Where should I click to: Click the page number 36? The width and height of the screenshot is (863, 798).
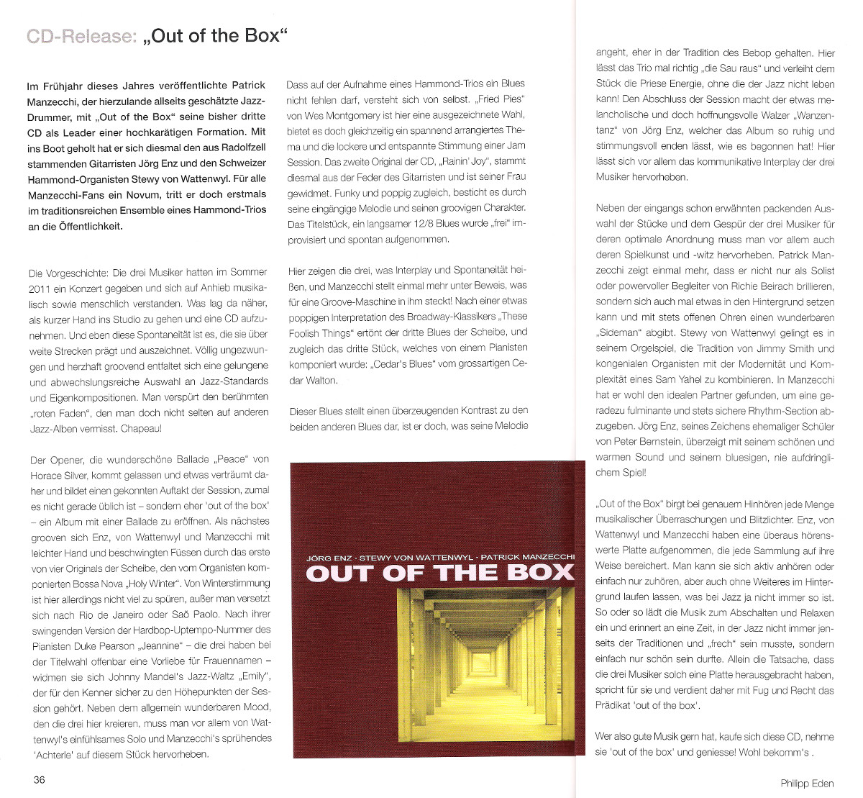pyautogui.click(x=39, y=780)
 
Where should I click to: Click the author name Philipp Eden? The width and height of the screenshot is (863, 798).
pyautogui.click(x=807, y=784)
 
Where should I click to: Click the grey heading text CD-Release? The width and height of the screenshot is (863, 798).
pyautogui.click(x=81, y=36)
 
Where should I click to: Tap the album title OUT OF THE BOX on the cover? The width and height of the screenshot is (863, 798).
pyautogui.click(x=439, y=573)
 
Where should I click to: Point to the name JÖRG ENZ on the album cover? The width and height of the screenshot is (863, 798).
pyautogui.click(x=329, y=558)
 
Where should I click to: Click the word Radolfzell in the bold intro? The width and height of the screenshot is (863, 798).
pyautogui.click(x=242, y=148)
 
